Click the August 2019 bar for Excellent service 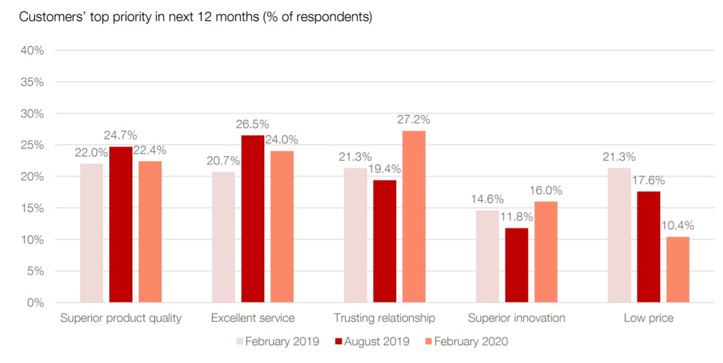tap(253, 219)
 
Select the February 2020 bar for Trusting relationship tap(414, 217)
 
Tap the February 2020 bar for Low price tap(677, 269)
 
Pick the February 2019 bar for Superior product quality tap(92, 233)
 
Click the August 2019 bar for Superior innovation tap(516, 265)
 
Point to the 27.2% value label tap(413, 120)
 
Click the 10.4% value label tap(677, 226)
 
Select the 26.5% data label tap(253, 124)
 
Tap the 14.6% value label tap(487, 199)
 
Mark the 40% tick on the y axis tap(32, 51)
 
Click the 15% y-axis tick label tap(32, 208)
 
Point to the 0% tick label tap(35, 303)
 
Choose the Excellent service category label tap(253, 318)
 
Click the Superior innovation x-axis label tap(516, 318)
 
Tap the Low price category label tap(648, 318)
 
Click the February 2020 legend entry tap(466, 342)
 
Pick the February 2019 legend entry tap(277, 342)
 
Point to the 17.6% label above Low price tap(648, 180)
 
